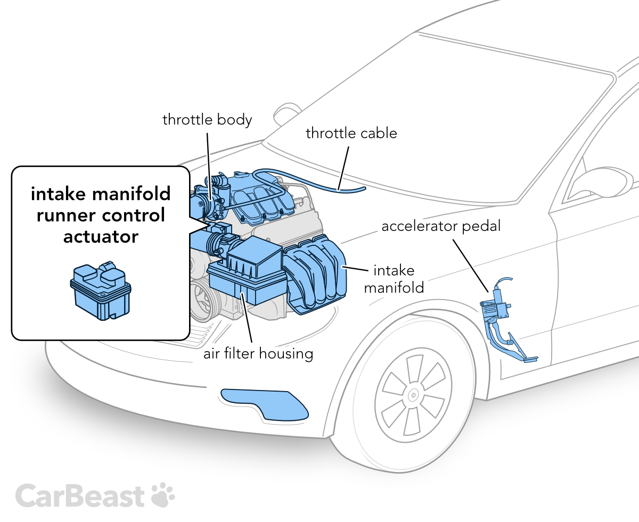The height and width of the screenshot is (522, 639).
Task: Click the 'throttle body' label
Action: click(x=207, y=120)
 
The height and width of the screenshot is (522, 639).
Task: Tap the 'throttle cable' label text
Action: click(x=351, y=132)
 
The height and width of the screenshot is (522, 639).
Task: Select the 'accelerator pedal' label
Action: click(x=441, y=226)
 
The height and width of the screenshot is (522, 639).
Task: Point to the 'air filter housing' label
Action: click(x=258, y=353)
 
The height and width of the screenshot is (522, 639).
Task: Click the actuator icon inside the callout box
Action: click(x=100, y=291)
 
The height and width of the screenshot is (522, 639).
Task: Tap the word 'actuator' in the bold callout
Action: click(x=101, y=236)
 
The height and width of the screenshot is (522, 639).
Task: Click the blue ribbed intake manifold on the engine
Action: click(x=314, y=277)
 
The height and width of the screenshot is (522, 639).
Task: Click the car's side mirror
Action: click(x=599, y=184)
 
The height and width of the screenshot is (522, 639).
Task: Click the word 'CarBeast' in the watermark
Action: click(x=80, y=495)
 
